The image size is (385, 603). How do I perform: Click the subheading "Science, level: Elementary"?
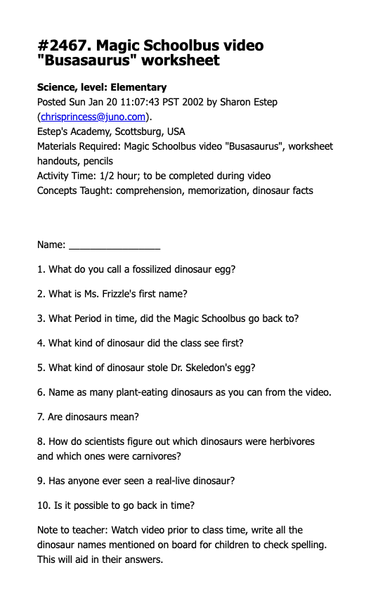click(x=102, y=88)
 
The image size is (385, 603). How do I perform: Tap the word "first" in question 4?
click(x=230, y=343)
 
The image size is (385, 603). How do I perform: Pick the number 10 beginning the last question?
click(x=42, y=505)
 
